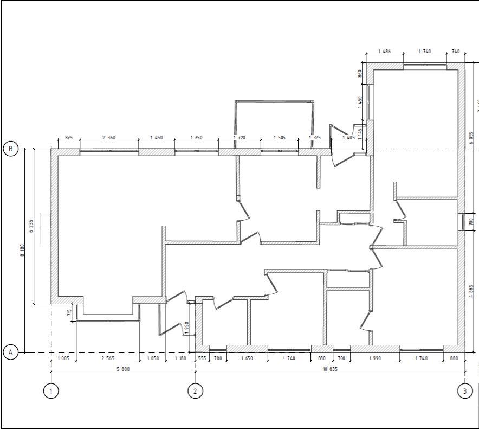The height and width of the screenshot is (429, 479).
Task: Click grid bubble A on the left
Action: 11,353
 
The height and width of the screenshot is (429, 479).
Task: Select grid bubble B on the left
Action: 11,149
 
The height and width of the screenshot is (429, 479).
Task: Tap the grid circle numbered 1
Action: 50,391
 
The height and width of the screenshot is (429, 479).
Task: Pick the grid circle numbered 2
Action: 196,391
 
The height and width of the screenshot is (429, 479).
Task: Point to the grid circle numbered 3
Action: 465,391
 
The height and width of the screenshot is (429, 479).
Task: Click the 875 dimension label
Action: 69,138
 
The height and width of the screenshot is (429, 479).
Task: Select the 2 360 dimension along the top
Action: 109,138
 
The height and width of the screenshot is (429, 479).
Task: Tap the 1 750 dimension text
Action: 196,138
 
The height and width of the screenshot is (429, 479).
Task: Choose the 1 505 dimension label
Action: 280,138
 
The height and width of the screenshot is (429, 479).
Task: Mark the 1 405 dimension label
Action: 348,138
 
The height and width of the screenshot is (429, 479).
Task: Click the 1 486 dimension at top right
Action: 384,51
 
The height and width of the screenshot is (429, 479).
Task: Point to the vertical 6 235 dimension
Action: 31,226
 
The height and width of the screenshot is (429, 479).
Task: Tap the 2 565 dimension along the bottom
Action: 108,358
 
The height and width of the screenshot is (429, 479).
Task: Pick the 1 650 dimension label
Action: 247,358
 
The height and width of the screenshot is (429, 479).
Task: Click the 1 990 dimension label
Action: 375,358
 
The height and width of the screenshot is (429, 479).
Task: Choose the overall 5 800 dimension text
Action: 122,369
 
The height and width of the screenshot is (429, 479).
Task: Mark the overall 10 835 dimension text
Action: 330,369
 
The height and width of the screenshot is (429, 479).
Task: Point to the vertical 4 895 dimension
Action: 471,292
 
